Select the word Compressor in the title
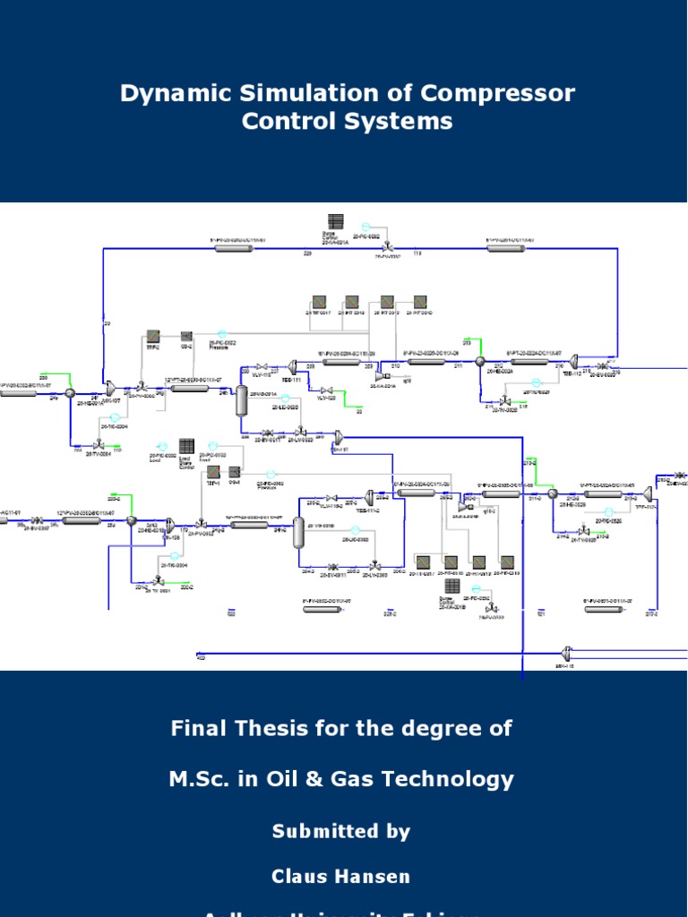[x=499, y=93]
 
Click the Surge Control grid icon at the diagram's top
[x=335, y=221]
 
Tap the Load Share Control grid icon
[x=186, y=445]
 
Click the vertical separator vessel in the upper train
[x=241, y=400]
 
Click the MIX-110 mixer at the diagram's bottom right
[x=566, y=653]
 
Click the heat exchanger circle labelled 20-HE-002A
[x=480, y=361]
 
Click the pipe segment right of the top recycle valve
[x=510, y=247]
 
